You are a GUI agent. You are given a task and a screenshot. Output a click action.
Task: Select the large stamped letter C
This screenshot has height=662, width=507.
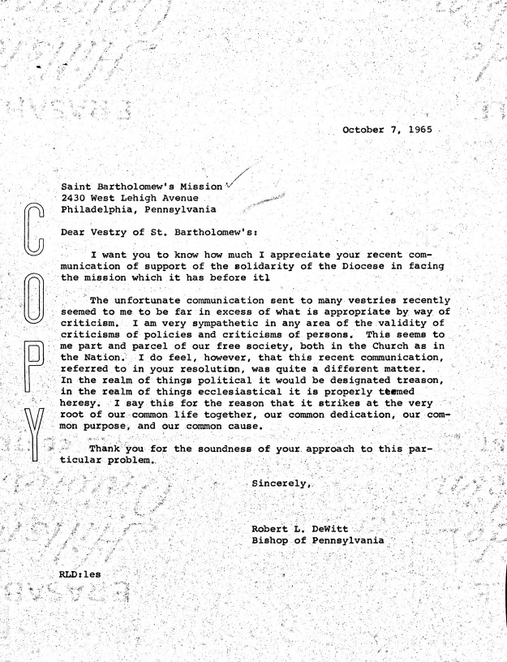click(33, 233)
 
